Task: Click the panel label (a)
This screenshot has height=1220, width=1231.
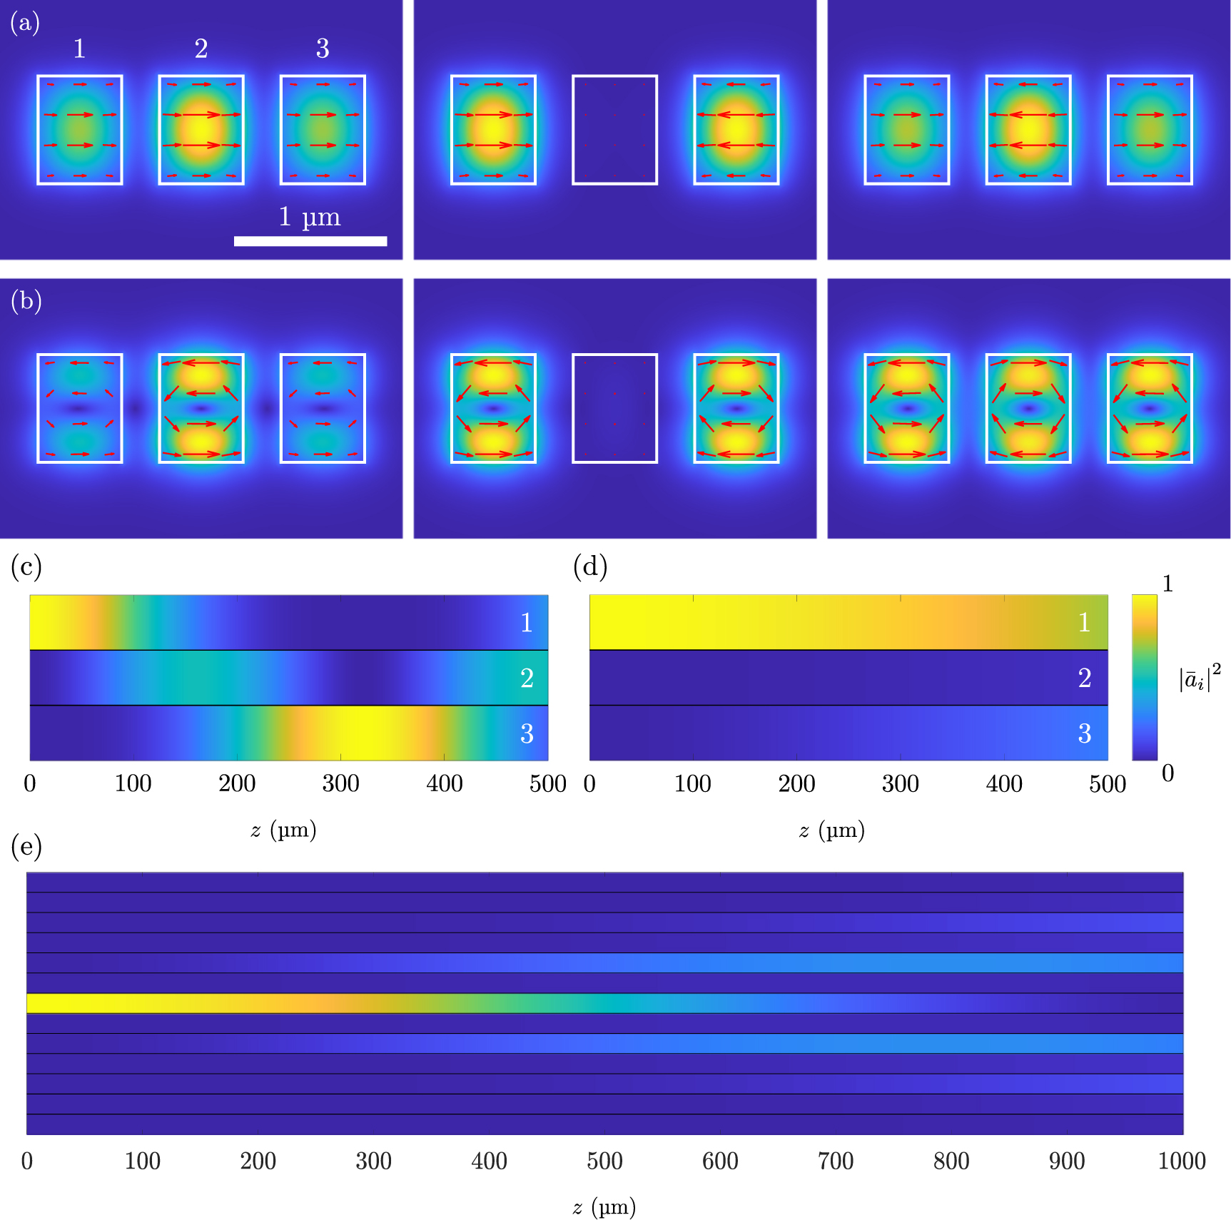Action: pyautogui.click(x=24, y=23)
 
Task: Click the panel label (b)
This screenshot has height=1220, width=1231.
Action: pyautogui.click(x=26, y=301)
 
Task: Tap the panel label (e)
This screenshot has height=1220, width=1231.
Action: pyautogui.click(x=26, y=846)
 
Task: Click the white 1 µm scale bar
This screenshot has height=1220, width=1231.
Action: pyautogui.click(x=310, y=241)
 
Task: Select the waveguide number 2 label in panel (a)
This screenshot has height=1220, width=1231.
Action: pyautogui.click(x=201, y=49)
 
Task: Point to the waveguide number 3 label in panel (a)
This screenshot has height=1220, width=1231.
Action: pyautogui.click(x=323, y=49)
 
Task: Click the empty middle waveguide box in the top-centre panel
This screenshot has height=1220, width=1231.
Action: pyautogui.click(x=614, y=130)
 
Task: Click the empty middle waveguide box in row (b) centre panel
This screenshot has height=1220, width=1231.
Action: pyautogui.click(x=614, y=408)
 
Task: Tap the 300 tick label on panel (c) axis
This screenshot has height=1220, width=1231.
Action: pyautogui.click(x=340, y=783)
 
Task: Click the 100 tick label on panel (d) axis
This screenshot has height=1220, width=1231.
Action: pyautogui.click(x=692, y=783)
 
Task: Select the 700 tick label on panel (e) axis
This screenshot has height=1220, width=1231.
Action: pyautogui.click(x=836, y=1161)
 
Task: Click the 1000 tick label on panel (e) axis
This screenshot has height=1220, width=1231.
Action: pyautogui.click(x=1181, y=1161)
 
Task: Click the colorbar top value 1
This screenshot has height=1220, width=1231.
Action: pyautogui.click(x=1167, y=584)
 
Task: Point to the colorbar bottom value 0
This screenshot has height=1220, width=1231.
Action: pyautogui.click(x=1167, y=773)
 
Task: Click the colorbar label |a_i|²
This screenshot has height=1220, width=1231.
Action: pyautogui.click(x=1199, y=678)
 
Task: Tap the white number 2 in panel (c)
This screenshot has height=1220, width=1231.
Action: pyautogui.click(x=527, y=678)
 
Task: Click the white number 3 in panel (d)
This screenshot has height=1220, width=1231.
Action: pyautogui.click(x=1084, y=733)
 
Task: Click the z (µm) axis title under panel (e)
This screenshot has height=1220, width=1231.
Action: pyautogui.click(x=604, y=1206)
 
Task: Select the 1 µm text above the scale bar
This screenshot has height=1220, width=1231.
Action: pyautogui.click(x=310, y=216)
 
